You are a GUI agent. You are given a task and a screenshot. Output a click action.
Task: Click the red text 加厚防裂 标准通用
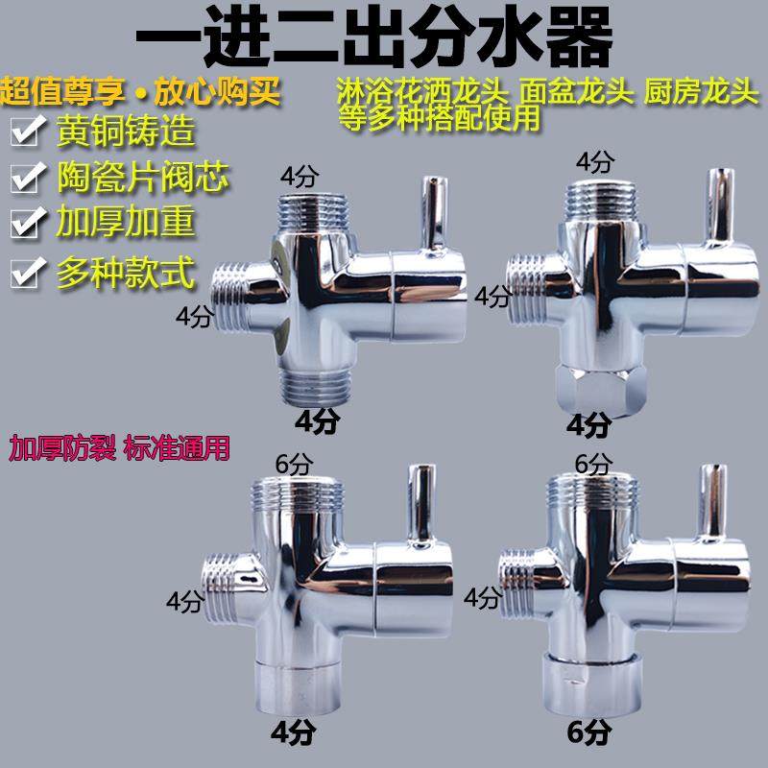pyautogui.click(x=120, y=447)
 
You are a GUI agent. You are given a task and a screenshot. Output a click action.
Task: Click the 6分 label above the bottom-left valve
pyautogui.click(x=294, y=463)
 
